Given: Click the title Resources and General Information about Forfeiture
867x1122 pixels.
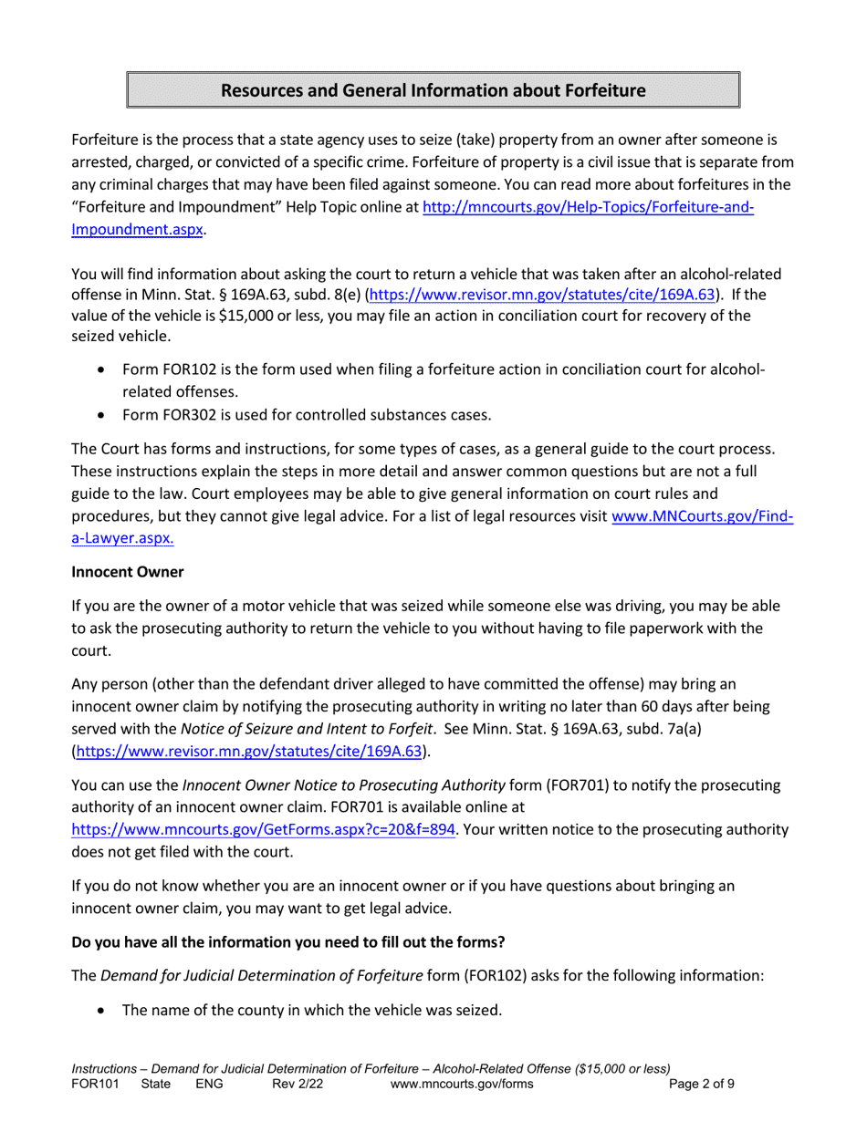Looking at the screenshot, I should click(433, 90).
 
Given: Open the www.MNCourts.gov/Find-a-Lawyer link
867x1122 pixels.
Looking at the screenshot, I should click(702, 516).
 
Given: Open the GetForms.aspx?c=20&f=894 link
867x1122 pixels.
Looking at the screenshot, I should click(263, 830).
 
